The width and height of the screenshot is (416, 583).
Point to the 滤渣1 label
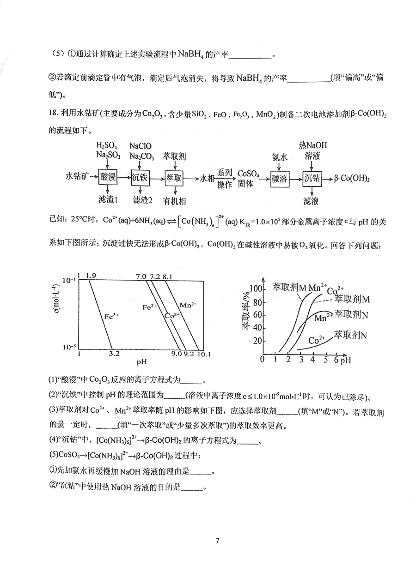coord(109,200)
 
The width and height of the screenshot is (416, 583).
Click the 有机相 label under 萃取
coord(175,200)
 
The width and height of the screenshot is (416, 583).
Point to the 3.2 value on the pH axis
coord(114,355)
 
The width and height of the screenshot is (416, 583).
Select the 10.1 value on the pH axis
coord(204,355)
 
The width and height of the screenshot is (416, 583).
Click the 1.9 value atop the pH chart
coord(91,276)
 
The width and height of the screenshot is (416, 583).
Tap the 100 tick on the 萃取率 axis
coord(256,289)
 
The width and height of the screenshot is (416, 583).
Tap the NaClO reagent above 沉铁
coord(140,145)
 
